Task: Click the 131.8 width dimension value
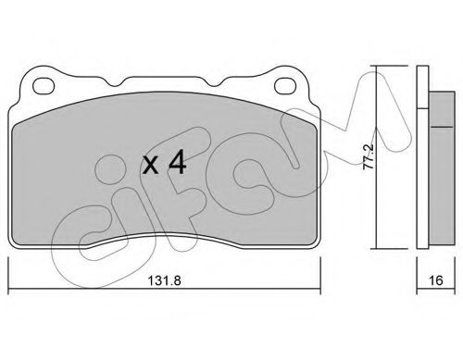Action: click(x=165, y=280)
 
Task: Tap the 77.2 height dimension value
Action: click(x=369, y=156)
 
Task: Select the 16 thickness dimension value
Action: click(x=436, y=280)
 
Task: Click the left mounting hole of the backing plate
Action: click(x=44, y=85)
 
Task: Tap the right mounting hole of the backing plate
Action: click(x=285, y=85)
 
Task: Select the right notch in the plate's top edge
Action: click(x=214, y=82)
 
